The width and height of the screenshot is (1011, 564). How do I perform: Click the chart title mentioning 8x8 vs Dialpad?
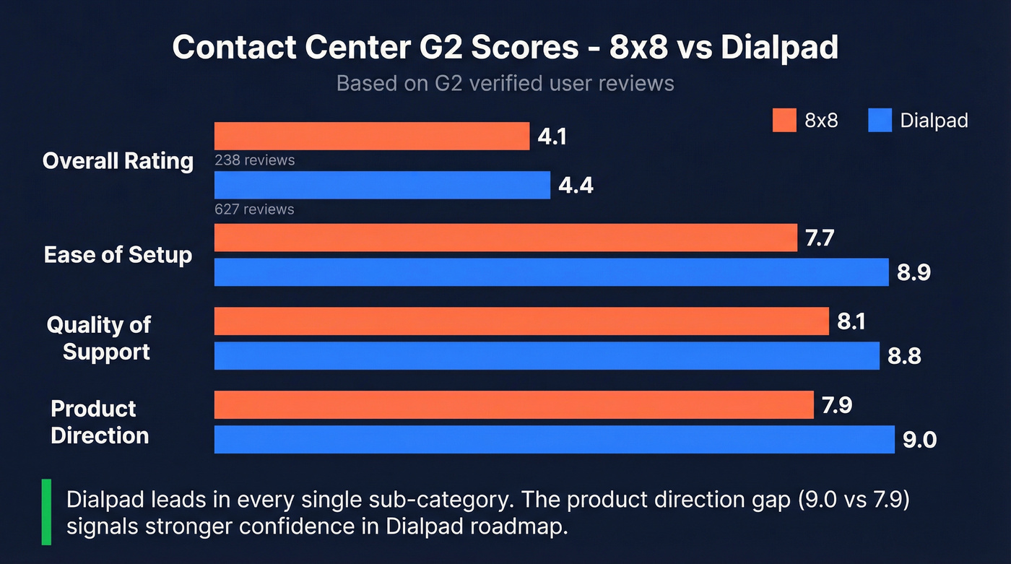[x=506, y=48]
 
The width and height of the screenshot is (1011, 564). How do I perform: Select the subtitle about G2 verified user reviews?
[x=506, y=83]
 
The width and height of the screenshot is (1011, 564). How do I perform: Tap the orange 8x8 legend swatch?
[x=784, y=121]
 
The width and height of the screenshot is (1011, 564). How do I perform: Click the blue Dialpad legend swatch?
[x=880, y=121]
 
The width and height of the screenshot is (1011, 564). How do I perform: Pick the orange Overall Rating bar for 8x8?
[x=372, y=136]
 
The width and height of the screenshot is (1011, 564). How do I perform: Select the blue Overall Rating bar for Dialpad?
[x=382, y=185]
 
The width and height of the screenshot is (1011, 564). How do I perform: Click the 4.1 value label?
[x=552, y=136]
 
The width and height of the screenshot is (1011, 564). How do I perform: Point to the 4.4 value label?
[x=576, y=186]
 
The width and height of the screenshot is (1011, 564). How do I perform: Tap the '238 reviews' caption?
[x=254, y=160]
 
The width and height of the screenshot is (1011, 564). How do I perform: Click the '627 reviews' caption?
[x=254, y=209]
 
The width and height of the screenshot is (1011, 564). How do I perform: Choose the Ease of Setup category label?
[x=118, y=255]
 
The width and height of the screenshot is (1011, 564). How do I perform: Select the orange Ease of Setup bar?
[x=506, y=238]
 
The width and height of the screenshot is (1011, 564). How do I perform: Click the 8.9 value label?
[x=914, y=272]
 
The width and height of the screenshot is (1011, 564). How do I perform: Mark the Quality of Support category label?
[x=100, y=338]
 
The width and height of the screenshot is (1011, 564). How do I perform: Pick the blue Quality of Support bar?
[x=547, y=355]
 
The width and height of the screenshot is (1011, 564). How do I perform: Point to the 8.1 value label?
[x=851, y=321]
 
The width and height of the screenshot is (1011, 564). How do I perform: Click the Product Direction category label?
[x=100, y=422]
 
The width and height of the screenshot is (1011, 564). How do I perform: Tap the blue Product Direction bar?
[x=555, y=439]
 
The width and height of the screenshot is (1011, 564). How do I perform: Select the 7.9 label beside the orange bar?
[x=837, y=405]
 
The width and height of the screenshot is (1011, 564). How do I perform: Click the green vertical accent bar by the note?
[x=46, y=511]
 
